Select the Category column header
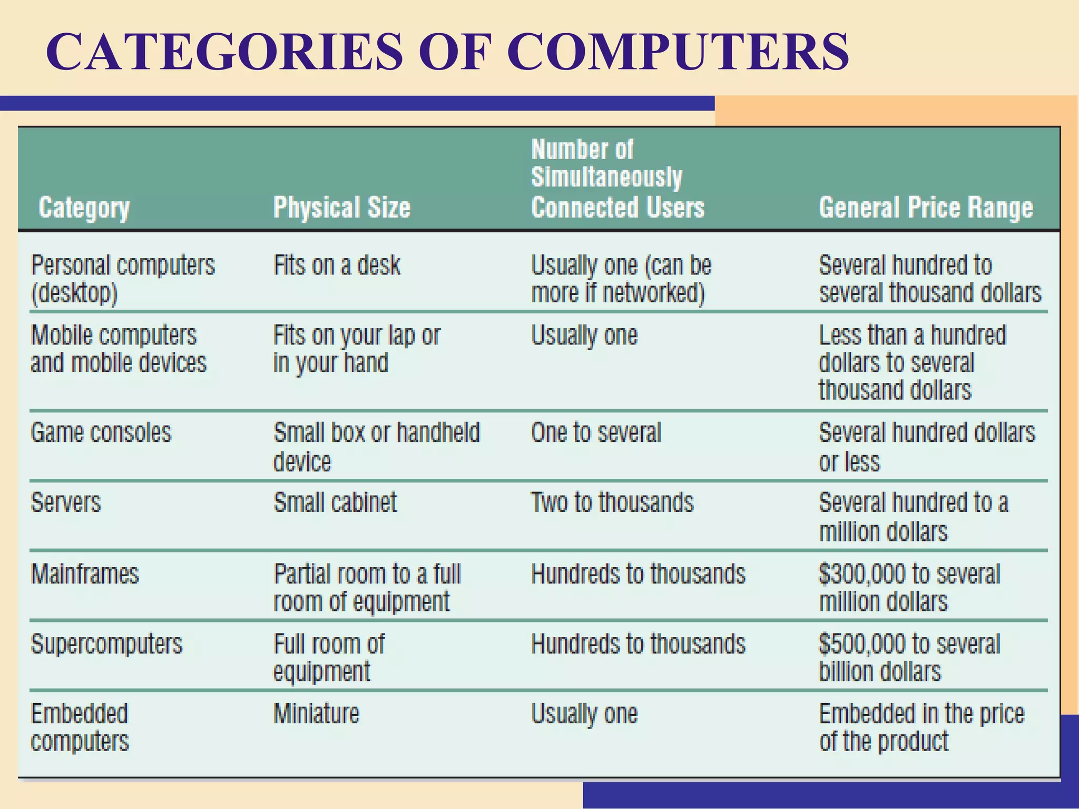pos(84,208)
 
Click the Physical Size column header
pos(341,208)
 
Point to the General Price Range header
pos(926,208)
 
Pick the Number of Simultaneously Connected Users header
pos(617,179)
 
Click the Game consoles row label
pos(101,433)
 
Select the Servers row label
pos(66,502)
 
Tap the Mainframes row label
pos(85,574)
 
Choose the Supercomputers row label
pos(106,644)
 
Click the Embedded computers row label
pos(80,727)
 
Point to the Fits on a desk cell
pos(337,265)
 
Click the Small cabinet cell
pos(335,502)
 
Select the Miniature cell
pos(316,714)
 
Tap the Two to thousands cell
pos(612,502)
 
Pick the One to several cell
pos(596,433)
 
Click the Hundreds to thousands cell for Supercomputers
pos(638,644)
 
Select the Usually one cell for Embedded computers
pos(584,714)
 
